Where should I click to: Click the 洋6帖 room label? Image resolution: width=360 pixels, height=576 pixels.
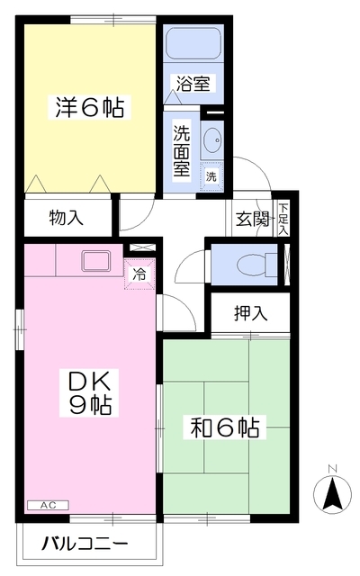pos(88,108)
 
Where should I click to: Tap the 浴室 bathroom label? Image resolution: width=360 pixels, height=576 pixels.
pos(193,85)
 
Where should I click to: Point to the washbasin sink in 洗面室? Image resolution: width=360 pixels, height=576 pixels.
pos(213,140)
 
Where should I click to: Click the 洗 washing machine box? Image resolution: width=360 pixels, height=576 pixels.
pos(212,175)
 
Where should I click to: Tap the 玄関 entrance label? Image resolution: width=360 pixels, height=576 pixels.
pos(253,218)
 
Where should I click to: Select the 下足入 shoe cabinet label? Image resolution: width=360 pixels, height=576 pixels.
pos(283,218)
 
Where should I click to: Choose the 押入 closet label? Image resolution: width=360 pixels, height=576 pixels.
pos(251,313)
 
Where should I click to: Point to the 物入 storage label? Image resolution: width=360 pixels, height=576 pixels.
pos(67,217)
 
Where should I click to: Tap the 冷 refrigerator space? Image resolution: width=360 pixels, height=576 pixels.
pos(139,273)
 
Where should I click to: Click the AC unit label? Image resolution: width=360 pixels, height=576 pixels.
pos(48,506)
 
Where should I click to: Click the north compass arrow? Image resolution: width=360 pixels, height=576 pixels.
pos(331,493)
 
